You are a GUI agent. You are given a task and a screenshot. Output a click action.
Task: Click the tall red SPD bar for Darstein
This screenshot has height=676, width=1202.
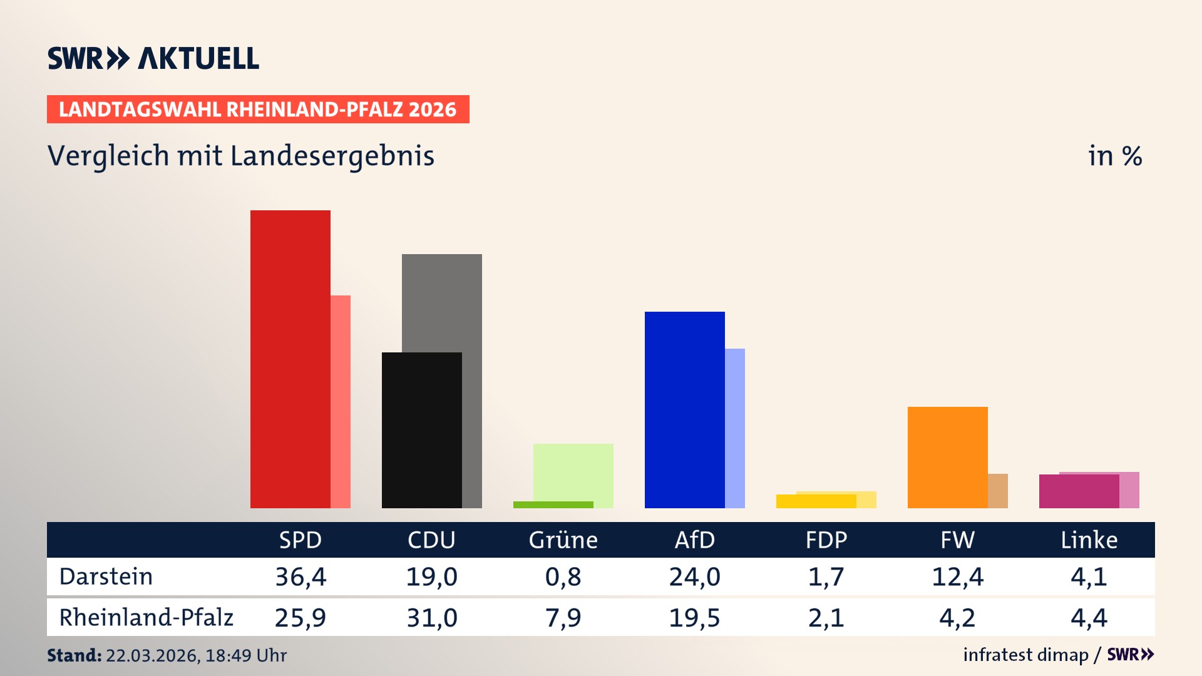pyautogui.click(x=290, y=359)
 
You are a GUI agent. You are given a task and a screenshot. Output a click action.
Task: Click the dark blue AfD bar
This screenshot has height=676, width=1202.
pyautogui.click(x=684, y=409)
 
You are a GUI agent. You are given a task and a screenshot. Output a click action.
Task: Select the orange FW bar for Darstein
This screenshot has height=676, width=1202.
pyautogui.click(x=947, y=457)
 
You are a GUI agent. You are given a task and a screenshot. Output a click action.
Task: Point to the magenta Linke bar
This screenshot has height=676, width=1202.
pyautogui.click(x=1079, y=491)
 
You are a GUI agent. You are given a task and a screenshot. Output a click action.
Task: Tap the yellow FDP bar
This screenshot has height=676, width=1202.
pyautogui.click(x=816, y=501)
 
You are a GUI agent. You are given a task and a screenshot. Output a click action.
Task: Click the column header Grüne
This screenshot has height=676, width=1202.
pyautogui.click(x=563, y=540)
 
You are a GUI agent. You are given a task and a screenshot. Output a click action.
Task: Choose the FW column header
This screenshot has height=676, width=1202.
pyautogui.click(x=957, y=540)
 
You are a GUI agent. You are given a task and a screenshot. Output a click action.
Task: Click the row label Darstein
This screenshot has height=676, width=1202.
pyautogui.click(x=106, y=576)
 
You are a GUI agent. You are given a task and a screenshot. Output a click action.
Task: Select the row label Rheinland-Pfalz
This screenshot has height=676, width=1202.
pyautogui.click(x=146, y=618)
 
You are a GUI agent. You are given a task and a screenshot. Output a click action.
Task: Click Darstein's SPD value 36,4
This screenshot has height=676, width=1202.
pyautogui.click(x=300, y=576)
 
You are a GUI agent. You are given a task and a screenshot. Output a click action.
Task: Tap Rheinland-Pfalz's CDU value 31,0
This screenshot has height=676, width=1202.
pyautogui.click(x=432, y=618)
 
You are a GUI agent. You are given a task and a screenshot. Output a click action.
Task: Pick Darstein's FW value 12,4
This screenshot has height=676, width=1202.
pyautogui.click(x=957, y=576)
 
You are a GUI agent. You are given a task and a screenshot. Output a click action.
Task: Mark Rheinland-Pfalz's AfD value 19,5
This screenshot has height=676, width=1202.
pyautogui.click(x=694, y=618)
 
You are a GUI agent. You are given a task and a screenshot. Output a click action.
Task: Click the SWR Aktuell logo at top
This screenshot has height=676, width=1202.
pyautogui.click(x=153, y=58)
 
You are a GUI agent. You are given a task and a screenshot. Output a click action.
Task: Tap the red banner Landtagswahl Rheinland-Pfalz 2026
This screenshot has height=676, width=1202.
pyautogui.click(x=257, y=110)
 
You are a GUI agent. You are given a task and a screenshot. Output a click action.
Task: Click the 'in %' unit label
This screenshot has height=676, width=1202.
pyautogui.click(x=1114, y=156)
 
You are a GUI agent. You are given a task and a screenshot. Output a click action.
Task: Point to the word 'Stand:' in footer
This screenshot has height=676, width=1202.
pyautogui.click(x=74, y=655)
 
